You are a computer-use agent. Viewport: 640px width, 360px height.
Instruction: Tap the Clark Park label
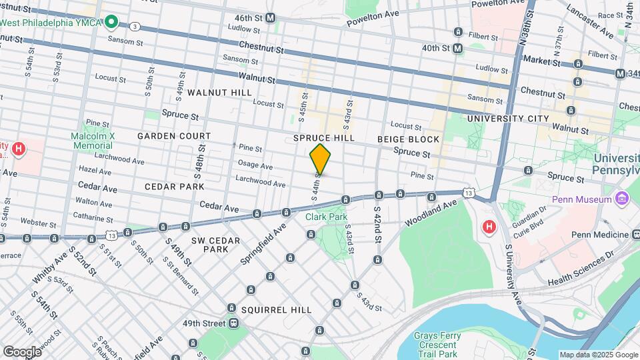tap(326, 217)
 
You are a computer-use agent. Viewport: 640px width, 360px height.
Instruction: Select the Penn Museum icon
tap(623, 199)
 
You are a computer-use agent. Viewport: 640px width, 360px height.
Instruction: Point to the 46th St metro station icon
tap(270, 17)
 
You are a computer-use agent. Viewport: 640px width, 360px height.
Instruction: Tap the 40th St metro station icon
tap(458, 48)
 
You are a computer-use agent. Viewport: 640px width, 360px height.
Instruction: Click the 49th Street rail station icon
tap(233, 323)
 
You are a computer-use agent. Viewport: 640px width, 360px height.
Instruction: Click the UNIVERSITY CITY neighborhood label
tap(508, 119)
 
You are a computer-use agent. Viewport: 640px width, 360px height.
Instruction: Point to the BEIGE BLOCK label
tap(408, 139)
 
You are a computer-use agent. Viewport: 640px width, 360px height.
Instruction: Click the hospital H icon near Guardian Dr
tap(489, 227)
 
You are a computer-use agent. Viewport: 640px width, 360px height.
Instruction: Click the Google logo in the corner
tap(21, 351)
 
